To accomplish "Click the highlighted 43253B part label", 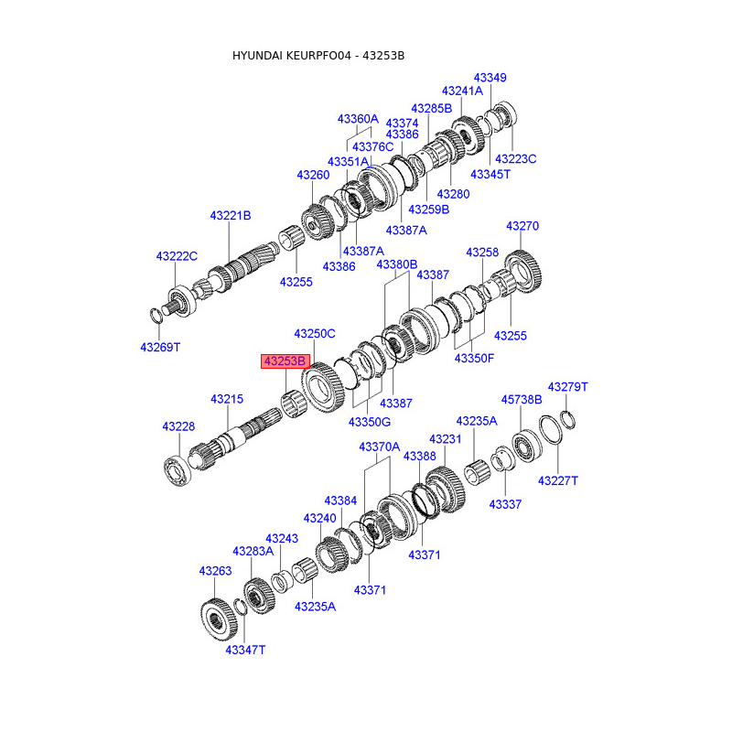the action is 285,361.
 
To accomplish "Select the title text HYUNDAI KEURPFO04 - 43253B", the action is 318,56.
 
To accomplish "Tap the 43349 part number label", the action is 490,78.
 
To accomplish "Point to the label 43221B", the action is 230,216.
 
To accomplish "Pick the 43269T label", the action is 160,347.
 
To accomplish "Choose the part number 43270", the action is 522,226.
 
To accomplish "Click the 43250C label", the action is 315,334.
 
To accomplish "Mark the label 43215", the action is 227,399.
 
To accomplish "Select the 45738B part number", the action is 522,399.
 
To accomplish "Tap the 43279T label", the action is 567,387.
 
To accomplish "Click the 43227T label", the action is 557,480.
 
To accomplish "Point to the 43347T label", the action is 245,649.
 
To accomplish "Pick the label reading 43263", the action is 215,571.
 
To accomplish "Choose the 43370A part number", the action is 379,447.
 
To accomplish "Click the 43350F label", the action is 474,358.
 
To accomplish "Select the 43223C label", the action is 515,158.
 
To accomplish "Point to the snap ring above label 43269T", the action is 156,316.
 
